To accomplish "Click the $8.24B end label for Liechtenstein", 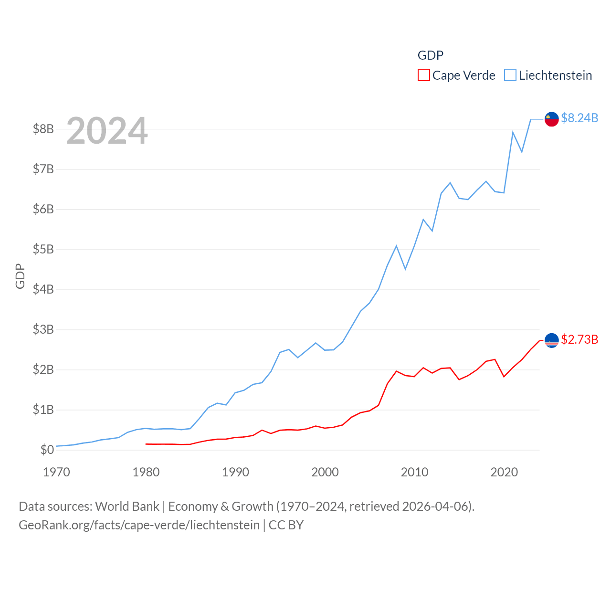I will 579,118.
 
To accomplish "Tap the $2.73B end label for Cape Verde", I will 579,339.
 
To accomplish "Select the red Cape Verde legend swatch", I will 423,75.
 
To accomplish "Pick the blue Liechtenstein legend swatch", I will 510,75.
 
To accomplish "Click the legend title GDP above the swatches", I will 430,55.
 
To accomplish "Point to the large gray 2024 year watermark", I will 107,131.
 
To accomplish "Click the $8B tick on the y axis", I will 43,129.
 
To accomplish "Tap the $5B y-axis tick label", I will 43,249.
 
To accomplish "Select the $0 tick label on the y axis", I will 47,450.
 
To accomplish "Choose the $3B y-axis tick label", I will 43,329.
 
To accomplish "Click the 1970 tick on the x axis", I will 56,472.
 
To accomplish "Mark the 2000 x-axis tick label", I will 325,472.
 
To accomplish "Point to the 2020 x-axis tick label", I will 504,472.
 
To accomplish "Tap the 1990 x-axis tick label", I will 235,472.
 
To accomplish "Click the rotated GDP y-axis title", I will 20,276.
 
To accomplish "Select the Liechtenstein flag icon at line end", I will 552,119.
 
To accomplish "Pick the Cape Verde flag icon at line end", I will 552,340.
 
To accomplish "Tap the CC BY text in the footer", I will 286,525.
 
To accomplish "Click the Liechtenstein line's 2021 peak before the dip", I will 513,132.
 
